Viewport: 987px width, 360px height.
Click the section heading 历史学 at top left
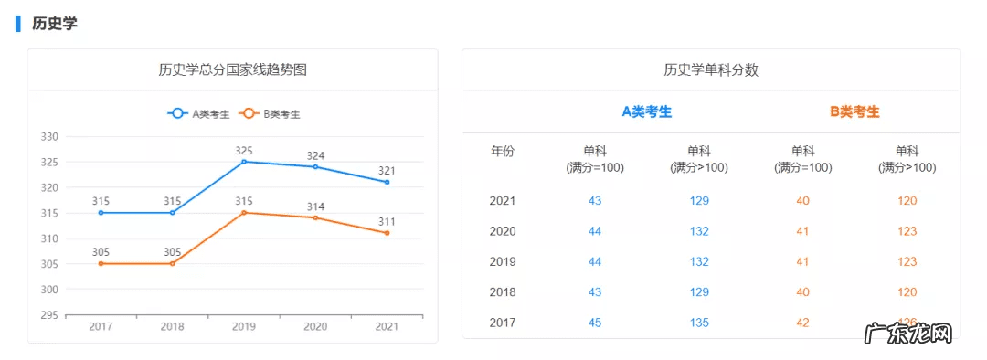point(54,24)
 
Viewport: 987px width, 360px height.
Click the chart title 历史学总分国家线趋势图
point(232,69)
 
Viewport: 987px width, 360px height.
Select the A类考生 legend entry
point(198,114)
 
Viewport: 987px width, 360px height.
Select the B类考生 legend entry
point(270,114)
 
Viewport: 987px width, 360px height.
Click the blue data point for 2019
point(244,162)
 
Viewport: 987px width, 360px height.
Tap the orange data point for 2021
point(387,233)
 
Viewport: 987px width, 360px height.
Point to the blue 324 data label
point(315,155)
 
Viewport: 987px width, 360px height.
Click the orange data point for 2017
point(101,263)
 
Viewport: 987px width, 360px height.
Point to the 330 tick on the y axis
point(49,137)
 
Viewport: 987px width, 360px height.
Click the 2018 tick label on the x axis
point(172,326)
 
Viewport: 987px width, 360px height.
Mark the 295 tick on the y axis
point(49,315)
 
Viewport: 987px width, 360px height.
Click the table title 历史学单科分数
point(711,69)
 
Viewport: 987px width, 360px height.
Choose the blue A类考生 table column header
point(646,111)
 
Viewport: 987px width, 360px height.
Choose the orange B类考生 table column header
point(854,111)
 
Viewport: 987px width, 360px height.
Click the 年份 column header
point(503,152)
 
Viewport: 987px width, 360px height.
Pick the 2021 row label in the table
point(503,201)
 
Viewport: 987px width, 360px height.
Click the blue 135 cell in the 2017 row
point(699,323)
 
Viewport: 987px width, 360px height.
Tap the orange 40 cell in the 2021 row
point(803,201)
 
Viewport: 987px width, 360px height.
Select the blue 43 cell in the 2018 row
point(595,292)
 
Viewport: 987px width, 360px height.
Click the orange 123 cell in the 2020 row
point(907,231)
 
